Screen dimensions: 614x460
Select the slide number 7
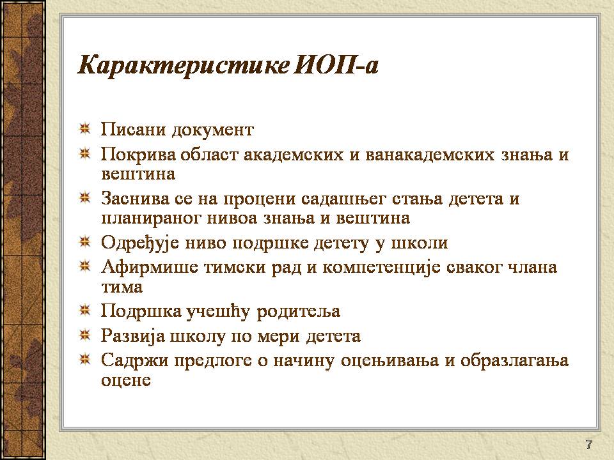tap(589, 445)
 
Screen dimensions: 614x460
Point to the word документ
tap(213, 130)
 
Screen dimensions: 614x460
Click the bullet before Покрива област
tap(84, 154)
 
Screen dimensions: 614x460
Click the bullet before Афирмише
tap(84, 267)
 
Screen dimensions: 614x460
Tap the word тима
tap(122, 287)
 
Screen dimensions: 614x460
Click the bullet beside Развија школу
tap(84, 335)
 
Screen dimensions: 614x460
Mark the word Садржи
tap(135, 360)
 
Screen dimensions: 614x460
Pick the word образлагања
tap(514, 360)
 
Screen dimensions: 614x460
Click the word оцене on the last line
tap(126, 380)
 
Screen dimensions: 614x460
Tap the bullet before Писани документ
tap(84, 128)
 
